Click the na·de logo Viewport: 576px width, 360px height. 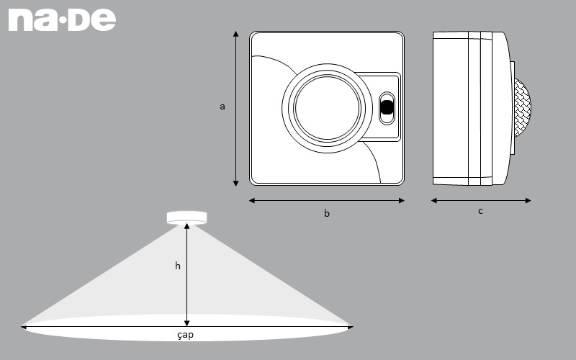click(62, 20)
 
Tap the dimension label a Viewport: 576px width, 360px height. click(222, 107)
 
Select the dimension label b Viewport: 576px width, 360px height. click(327, 213)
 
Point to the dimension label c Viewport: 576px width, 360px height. click(480, 211)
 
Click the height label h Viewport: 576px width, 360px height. click(178, 266)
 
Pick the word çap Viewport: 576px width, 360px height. click(185, 335)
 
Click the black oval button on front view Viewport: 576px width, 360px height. click(387, 107)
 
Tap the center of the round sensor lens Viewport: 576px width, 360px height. click(327, 108)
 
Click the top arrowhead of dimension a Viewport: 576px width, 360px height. click(236, 34)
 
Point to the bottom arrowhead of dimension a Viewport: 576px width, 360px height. click(236, 184)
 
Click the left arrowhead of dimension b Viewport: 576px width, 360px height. click(251, 201)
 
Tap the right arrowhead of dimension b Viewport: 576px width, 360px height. click(402, 201)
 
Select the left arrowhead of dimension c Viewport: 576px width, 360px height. click(434, 201)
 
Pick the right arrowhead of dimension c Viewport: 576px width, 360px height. click(528, 201)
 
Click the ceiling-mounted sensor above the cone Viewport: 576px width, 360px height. click(186, 218)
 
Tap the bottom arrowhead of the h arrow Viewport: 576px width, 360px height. click(186, 323)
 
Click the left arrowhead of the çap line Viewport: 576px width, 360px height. click(24, 327)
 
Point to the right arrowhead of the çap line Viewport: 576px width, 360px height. click(351, 327)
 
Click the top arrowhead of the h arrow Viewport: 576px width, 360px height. click(186, 226)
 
